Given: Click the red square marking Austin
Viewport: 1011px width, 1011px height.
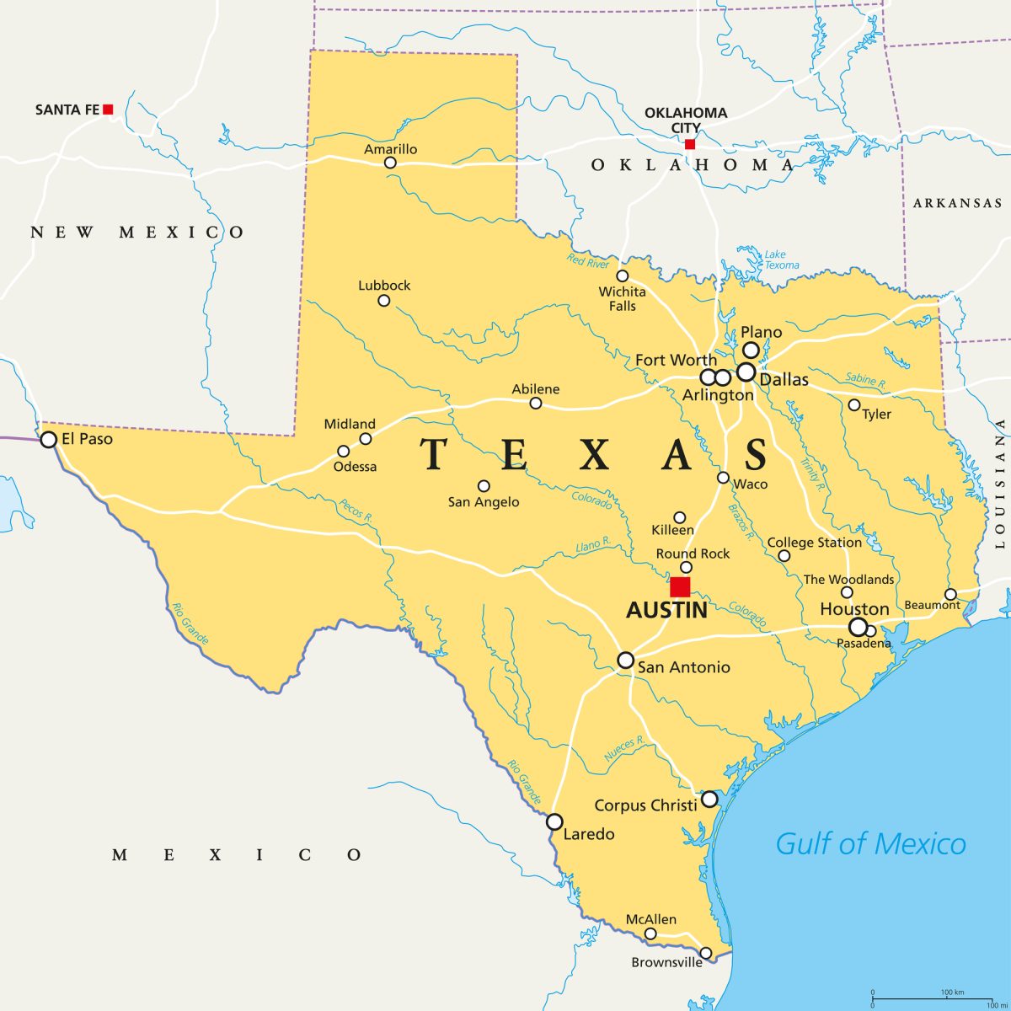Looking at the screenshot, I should click(x=680, y=587).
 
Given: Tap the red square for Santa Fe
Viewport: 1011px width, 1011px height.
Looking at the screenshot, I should click(x=108, y=110).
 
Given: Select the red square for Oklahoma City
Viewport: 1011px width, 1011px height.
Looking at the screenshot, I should click(x=690, y=144).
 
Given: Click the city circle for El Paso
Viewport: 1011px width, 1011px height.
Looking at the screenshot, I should click(x=49, y=440).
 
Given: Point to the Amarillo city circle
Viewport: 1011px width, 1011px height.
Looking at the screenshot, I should click(x=390, y=163).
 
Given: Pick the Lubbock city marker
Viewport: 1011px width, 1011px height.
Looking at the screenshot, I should click(x=384, y=300).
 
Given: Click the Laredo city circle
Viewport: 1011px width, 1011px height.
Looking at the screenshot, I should click(x=554, y=821).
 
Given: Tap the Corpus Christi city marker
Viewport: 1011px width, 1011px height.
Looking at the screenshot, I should click(x=709, y=799).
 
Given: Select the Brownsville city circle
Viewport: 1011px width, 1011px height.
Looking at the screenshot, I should click(x=706, y=953).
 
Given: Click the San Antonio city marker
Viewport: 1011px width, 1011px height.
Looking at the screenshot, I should click(x=625, y=660).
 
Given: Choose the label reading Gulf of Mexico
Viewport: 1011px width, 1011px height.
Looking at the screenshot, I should click(x=870, y=843).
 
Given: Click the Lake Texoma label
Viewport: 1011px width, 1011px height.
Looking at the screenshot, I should click(x=781, y=259).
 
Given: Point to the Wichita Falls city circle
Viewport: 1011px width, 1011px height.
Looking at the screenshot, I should click(x=623, y=276).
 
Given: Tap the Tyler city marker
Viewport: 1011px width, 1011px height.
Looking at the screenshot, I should click(x=854, y=405).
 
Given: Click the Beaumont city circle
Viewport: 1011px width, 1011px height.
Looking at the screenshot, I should click(x=950, y=594).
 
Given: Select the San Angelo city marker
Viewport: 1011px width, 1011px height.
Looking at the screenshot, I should click(x=484, y=486).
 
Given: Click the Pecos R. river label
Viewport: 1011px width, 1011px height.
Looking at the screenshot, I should click(x=356, y=511).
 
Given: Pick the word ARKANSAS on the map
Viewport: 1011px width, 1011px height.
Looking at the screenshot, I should click(x=958, y=203).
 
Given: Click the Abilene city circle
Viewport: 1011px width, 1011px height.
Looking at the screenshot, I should click(x=536, y=404).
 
